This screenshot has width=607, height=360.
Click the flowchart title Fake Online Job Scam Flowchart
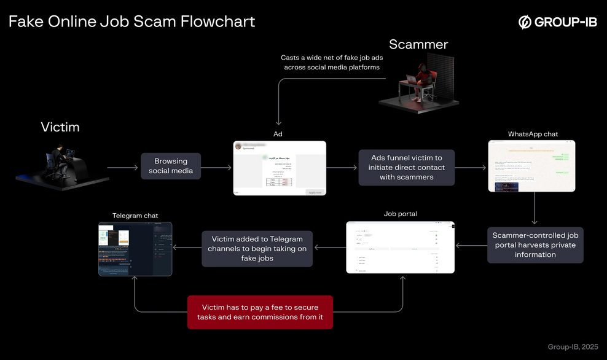pyautogui.click(x=131, y=22)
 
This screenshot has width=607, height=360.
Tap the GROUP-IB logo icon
pyautogui.click(x=525, y=23)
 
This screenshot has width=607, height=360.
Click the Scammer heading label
pyautogui.click(x=418, y=44)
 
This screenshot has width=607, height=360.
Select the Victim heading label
pyautogui.click(x=60, y=127)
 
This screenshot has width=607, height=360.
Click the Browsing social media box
pyautogui.click(x=171, y=166)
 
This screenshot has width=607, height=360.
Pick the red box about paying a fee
pyautogui.click(x=260, y=312)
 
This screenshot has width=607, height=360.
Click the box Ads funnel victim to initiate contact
pyautogui.click(x=406, y=167)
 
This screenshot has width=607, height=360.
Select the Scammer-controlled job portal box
pyautogui.click(x=535, y=245)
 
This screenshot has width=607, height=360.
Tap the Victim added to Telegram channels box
pyautogui.click(x=257, y=248)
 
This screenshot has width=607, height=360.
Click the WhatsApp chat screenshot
pyautogui.click(x=531, y=166)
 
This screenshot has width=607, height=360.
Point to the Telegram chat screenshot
pyautogui.click(x=135, y=248)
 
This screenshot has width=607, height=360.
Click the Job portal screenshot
pyautogui.click(x=400, y=247)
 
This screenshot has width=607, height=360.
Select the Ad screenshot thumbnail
pyautogui.click(x=280, y=168)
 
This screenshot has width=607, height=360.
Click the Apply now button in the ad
pyautogui.click(x=315, y=192)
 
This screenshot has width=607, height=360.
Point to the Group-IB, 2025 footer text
pyautogui.click(x=573, y=347)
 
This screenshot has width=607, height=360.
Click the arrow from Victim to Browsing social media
pyautogui.click(x=122, y=167)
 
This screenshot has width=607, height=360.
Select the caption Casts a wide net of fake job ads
pyautogui.click(x=332, y=62)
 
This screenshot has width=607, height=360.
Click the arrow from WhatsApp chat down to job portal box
pyautogui.click(x=535, y=209)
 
